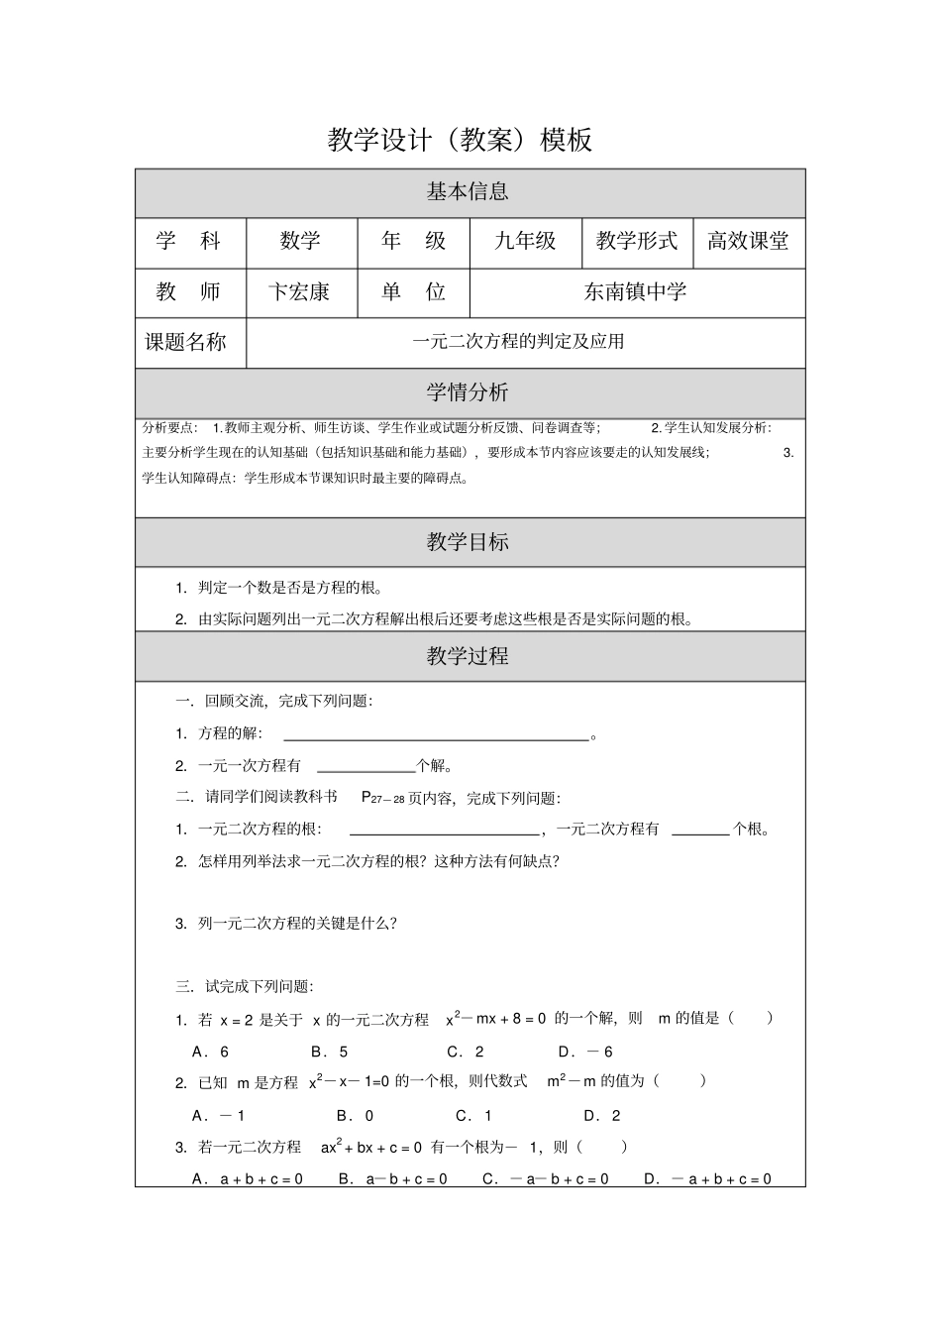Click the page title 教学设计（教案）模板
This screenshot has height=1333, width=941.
tap(460, 140)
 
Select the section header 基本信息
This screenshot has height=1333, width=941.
tap(468, 192)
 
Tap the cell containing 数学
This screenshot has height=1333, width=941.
tap(300, 242)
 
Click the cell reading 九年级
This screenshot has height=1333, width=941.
tap(525, 242)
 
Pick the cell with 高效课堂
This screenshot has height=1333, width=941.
tap(748, 242)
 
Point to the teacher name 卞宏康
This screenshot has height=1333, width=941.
tap(299, 292)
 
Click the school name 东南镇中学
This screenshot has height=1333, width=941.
tap(635, 292)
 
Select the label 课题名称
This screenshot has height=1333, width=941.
tap(186, 343)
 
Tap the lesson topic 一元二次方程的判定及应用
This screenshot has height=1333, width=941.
tap(518, 343)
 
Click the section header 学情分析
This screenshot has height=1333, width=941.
tap(468, 392)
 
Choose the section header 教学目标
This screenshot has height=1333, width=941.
tap(468, 542)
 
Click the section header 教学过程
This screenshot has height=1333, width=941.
tap(468, 656)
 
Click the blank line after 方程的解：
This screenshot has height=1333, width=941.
tap(436, 736)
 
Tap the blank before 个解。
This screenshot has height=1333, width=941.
tap(366, 767)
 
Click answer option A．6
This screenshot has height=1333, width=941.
tap(210, 1052)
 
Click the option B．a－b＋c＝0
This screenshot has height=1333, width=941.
tap(392, 1179)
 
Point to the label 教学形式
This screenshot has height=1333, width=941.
tap(637, 242)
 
